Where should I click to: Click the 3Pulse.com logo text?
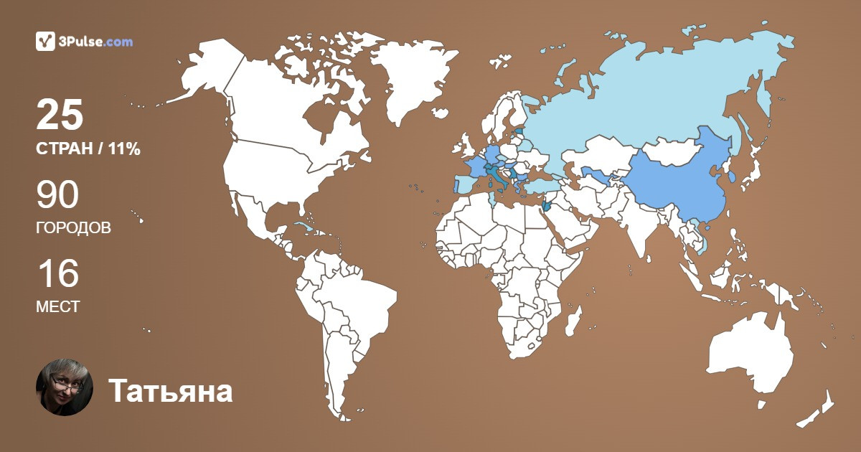pos(95,42)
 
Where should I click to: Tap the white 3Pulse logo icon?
pos(46,42)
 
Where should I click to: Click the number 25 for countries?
pos(60,115)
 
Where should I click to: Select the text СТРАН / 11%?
pos(88,149)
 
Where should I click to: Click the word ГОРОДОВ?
pos(73,228)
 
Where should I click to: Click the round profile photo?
pos(65,387)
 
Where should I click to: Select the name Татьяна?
pos(171,392)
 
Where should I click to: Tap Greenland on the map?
pos(413,79)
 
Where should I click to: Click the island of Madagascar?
pos(573,321)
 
